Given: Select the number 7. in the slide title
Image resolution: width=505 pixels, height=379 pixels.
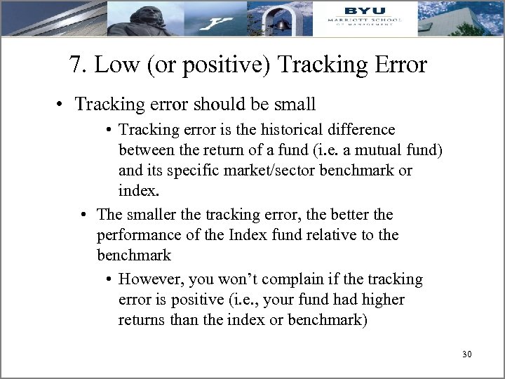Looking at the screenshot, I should click(78, 65).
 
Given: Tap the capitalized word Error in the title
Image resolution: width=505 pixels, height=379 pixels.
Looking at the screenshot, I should click(396, 65).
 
